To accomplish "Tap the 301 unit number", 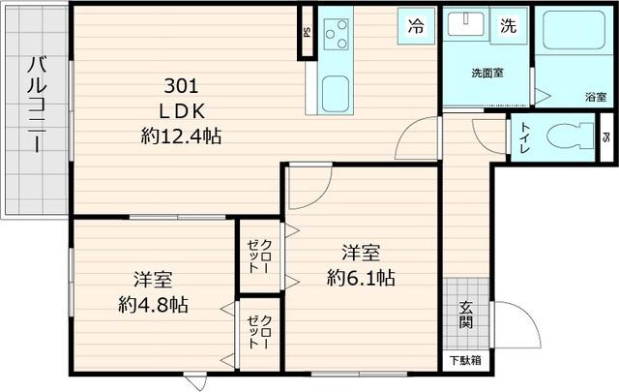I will click(181, 83).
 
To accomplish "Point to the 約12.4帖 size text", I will click(181, 136).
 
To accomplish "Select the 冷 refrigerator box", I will click(416, 27).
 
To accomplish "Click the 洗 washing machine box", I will click(508, 27).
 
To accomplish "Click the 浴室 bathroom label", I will click(595, 97).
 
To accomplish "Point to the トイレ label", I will click(523, 137).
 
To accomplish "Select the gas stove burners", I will click(337, 36).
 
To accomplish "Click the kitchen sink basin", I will click(337, 94).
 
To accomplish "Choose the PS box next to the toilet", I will click(605, 136).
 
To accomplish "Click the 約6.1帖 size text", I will click(360, 278).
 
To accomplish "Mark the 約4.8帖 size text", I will click(153, 304).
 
